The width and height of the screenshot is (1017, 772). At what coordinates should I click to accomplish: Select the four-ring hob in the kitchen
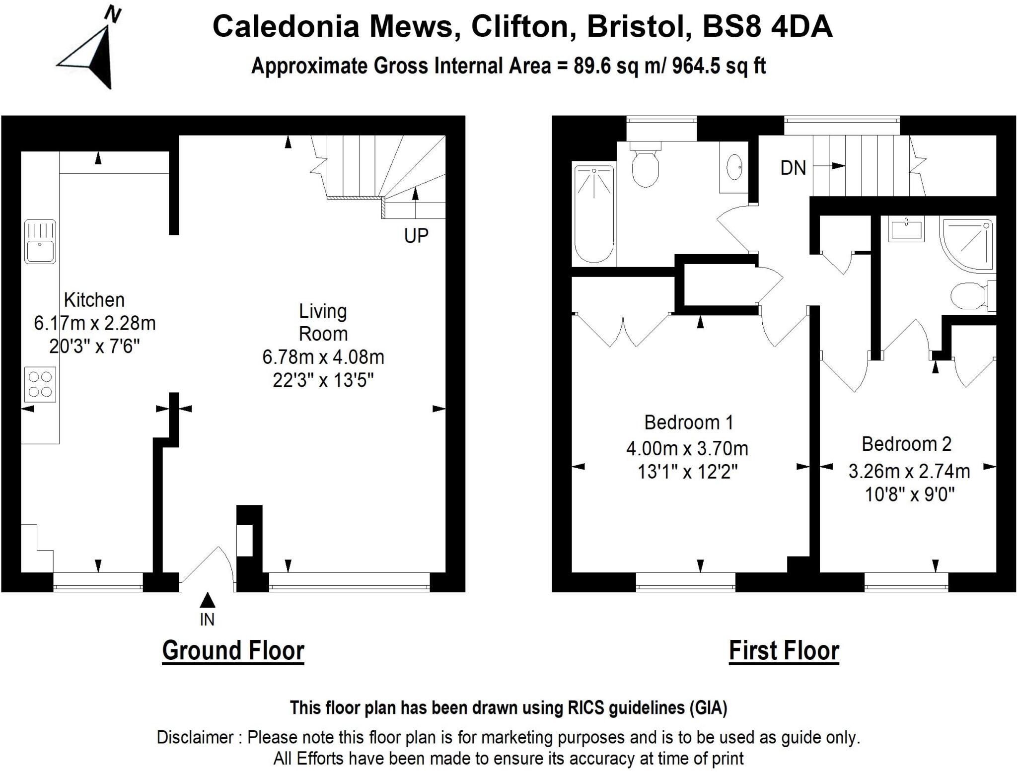coord(40,384)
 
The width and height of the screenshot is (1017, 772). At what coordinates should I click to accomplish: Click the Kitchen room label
coord(94,300)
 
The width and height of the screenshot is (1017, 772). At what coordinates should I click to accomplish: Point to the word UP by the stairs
coord(416,236)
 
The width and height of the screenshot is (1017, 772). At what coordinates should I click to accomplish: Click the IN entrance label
coord(207,620)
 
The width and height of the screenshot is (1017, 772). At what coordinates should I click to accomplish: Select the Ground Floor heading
coord(233,650)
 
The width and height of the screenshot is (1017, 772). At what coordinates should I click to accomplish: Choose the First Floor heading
coord(784,650)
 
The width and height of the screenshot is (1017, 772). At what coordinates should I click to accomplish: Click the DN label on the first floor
coord(793,168)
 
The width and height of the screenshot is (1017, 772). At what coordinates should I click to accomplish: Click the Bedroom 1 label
coord(688,422)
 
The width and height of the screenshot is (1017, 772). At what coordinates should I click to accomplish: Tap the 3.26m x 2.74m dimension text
coord(909,471)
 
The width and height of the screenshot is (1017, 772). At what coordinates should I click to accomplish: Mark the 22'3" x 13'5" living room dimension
coord(323,380)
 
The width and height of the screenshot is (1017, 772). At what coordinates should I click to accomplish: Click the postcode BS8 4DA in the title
coord(767,26)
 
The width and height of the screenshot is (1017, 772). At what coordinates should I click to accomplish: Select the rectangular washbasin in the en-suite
coord(906,230)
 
